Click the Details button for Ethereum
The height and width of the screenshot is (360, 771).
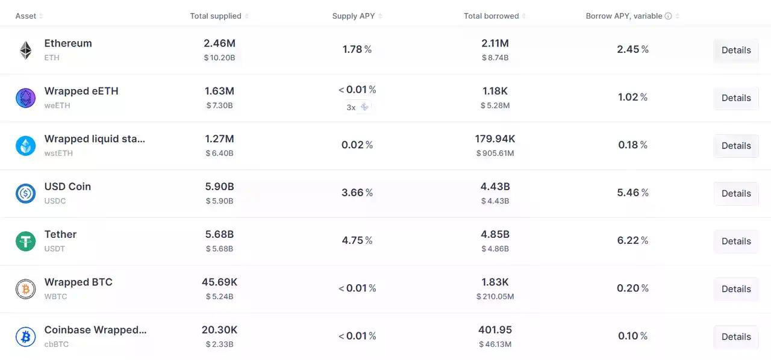[735, 50]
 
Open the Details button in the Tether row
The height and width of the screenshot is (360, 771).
[735, 241]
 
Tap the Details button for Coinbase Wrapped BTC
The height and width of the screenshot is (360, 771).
[735, 337]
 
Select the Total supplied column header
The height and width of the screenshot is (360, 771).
[216, 16]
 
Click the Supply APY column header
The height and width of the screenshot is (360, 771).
[354, 16]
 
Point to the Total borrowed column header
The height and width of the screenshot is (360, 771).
[491, 16]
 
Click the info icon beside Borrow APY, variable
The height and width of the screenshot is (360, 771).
[668, 16]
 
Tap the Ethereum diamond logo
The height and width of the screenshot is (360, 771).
[25, 50]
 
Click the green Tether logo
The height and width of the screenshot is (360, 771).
[25, 241]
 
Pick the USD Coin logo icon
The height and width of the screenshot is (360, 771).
[25, 193]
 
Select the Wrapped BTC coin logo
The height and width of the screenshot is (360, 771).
[25, 289]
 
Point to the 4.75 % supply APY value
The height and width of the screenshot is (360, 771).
[357, 240]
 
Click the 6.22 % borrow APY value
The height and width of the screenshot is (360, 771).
[632, 240]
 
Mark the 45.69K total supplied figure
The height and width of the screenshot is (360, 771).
[219, 282]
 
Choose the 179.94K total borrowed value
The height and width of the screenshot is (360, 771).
[495, 138]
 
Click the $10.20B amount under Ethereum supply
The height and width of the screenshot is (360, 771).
[219, 58]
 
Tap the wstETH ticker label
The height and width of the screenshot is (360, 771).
[58, 153]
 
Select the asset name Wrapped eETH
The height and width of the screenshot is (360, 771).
[81, 91]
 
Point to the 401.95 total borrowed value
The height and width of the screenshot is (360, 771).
[495, 330]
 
